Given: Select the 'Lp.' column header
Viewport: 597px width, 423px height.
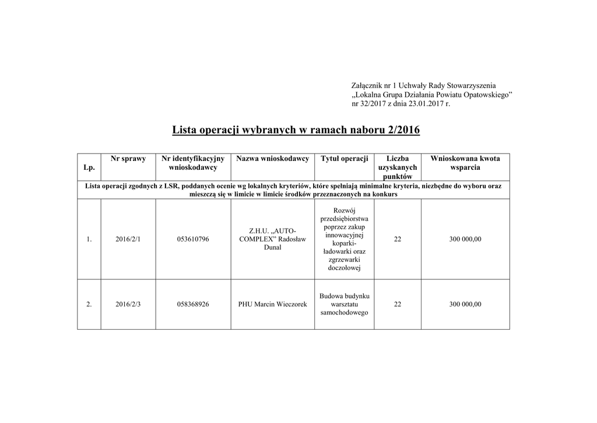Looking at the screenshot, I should tap(89, 167).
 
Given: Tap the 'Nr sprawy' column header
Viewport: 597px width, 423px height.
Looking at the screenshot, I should tap(128, 159).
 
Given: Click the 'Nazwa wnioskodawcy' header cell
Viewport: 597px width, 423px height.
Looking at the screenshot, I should tap(272, 159).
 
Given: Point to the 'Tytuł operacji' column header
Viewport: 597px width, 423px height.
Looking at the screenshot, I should tap(345, 159).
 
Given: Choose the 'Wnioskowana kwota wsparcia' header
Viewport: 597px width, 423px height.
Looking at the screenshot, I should tap(465, 163).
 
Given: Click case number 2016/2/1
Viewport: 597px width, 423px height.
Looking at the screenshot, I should tap(128, 239).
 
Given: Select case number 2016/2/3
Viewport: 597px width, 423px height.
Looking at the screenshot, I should tap(128, 305).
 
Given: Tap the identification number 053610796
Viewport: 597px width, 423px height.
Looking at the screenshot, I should tap(192, 239).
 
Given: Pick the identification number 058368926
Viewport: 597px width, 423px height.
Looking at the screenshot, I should tap(192, 305).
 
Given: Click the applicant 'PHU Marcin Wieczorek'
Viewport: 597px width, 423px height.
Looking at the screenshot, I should tap(272, 305).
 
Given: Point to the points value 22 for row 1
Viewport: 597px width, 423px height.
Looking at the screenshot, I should tap(398, 239).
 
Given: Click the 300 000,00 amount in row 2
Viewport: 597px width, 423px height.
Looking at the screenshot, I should tap(465, 305).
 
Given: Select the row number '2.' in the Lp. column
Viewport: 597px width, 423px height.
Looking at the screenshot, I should tap(89, 305).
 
